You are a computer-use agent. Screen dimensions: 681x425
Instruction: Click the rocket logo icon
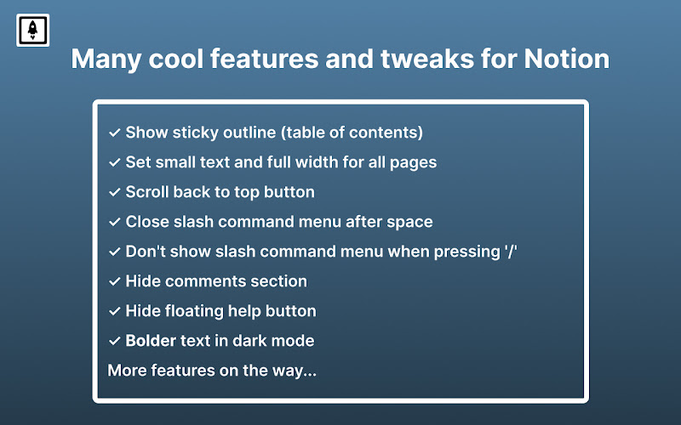click(32, 30)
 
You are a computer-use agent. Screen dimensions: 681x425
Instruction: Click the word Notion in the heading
click(566, 59)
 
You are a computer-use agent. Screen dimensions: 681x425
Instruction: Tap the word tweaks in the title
click(427, 59)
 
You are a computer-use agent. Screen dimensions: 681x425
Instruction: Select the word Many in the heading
click(106, 59)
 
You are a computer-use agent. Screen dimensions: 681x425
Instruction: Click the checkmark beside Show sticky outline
click(115, 133)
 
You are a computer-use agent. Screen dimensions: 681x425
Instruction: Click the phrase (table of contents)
click(352, 133)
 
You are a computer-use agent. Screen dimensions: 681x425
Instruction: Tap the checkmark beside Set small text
click(115, 162)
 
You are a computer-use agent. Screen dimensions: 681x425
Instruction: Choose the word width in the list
click(317, 161)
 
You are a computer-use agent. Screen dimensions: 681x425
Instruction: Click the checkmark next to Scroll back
click(115, 192)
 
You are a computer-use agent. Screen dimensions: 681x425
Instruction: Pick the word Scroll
click(146, 192)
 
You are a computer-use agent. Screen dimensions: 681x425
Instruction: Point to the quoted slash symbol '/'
click(511, 252)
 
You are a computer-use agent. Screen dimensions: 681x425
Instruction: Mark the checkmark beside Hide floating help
click(115, 311)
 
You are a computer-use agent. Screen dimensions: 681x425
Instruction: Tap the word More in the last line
click(127, 371)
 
